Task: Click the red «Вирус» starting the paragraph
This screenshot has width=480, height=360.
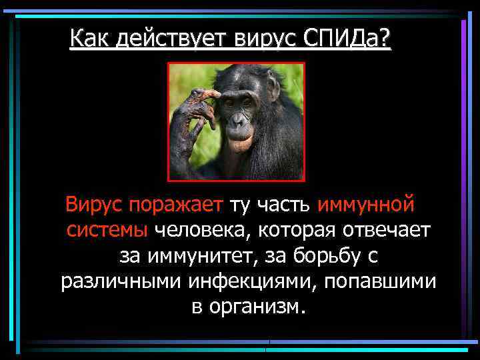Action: tap(93, 203)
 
